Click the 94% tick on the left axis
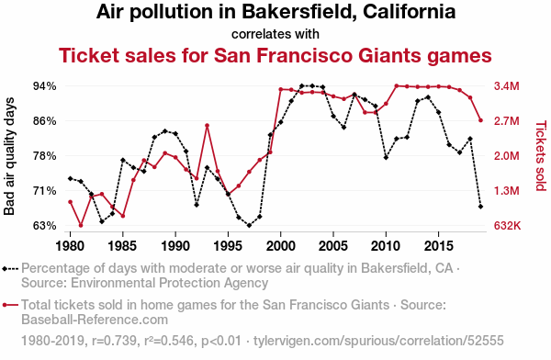(x=45, y=86)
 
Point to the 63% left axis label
(x=45, y=226)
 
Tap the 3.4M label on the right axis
(x=506, y=86)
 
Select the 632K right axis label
(x=507, y=226)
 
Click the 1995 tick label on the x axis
(x=228, y=246)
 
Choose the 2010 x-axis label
(x=386, y=246)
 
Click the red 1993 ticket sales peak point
(x=207, y=126)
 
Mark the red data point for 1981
(x=81, y=225)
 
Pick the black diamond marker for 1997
(x=249, y=225)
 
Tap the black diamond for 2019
(x=480, y=207)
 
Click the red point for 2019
(x=480, y=120)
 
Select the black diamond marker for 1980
(x=71, y=178)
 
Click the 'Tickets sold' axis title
(x=541, y=156)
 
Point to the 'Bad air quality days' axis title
(x=9, y=156)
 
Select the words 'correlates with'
(x=275, y=34)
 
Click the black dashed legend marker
(x=10, y=269)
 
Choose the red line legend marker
(x=10, y=305)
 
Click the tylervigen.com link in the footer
(x=378, y=341)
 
